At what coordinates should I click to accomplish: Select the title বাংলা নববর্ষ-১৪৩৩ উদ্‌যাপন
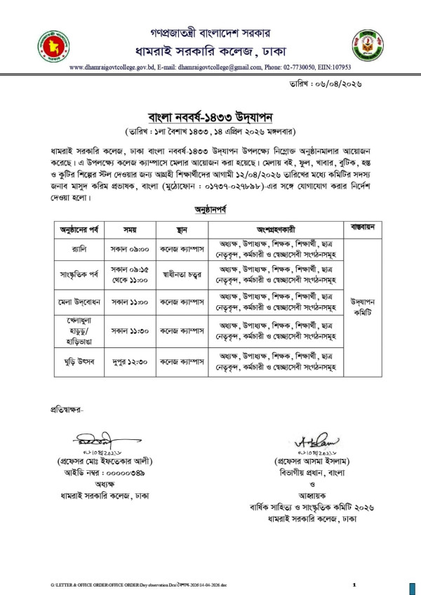[210, 115]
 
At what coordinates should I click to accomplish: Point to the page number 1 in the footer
[354, 584]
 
